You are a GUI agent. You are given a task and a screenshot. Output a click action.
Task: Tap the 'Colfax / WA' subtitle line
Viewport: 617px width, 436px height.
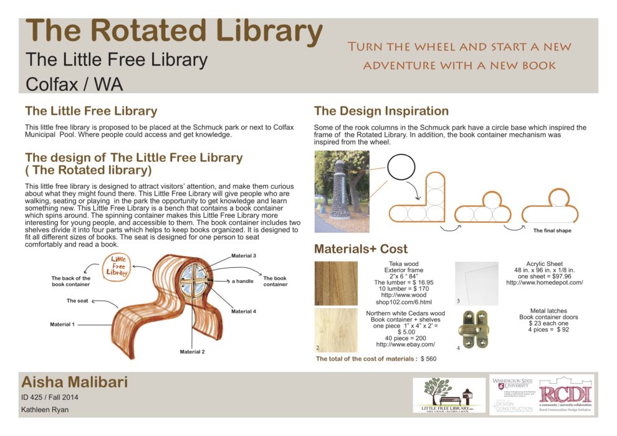point(74,84)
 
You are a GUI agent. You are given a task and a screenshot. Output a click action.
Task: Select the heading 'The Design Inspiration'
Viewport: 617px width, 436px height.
point(381,111)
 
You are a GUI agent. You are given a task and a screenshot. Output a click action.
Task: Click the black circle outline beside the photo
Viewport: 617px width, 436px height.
point(401,167)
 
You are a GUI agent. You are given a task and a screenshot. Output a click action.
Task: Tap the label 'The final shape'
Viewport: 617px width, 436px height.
point(552,230)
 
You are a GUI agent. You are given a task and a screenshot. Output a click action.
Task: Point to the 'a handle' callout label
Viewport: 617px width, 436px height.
point(242,282)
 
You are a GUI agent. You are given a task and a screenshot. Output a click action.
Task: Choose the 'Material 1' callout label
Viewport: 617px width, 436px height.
point(62,325)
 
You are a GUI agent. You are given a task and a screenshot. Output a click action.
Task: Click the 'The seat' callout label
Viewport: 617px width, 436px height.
point(79,301)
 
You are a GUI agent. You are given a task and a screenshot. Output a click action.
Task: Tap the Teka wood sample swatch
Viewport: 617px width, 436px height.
point(336,284)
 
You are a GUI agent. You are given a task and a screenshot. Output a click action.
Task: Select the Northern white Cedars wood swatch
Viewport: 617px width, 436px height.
point(336,329)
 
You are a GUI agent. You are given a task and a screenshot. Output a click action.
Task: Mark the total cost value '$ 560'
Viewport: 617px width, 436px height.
point(428,359)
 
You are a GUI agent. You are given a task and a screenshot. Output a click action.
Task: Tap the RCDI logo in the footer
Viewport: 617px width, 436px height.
point(566,394)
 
